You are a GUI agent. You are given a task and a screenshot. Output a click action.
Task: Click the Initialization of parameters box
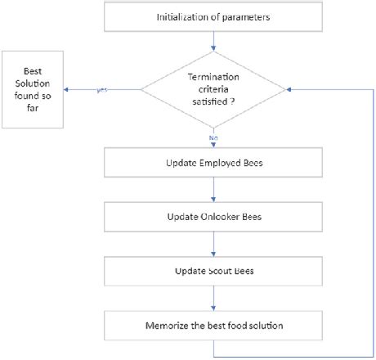point(215,17)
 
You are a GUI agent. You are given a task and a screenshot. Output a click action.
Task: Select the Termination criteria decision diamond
point(215,90)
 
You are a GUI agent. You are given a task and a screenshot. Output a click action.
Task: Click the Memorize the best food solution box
point(215,325)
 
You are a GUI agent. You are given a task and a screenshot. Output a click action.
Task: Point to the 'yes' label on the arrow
point(102,89)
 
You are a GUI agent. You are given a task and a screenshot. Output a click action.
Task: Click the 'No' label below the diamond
point(215,138)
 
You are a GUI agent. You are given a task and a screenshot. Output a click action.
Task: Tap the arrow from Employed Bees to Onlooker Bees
point(215,191)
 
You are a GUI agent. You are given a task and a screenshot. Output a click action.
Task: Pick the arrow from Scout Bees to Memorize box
point(215,298)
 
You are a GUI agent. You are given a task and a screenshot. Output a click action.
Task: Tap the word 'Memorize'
point(168,325)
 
